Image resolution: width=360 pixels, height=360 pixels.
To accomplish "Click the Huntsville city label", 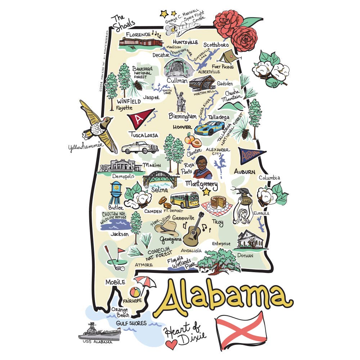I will click(x=185, y=42).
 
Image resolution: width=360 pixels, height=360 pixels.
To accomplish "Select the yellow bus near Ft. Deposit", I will click(x=184, y=200).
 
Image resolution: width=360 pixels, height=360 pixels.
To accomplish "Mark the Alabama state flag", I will click(x=240, y=330).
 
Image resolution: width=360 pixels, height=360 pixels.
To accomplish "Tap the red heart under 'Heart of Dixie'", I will click(x=172, y=344).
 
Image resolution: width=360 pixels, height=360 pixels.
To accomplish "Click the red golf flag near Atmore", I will click(x=121, y=250).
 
